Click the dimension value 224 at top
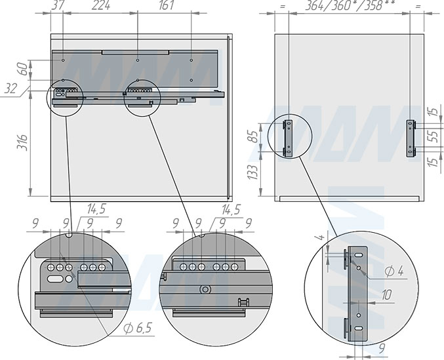tap(101, 5)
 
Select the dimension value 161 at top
tap(166, 5)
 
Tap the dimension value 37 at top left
tap(58, 5)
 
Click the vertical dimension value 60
tap(24, 69)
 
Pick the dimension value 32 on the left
tap(10, 89)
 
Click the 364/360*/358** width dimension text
tap(350, 5)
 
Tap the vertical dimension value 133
tap(252, 172)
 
